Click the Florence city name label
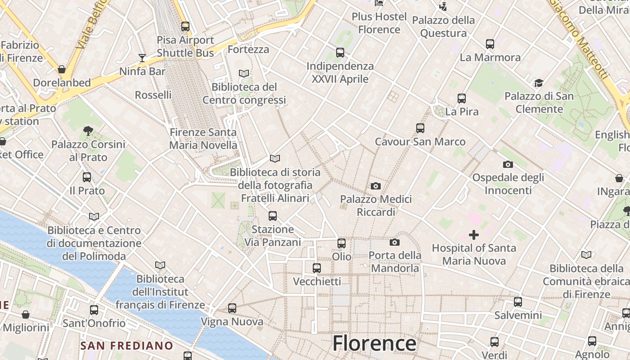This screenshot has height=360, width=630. tap(374, 343)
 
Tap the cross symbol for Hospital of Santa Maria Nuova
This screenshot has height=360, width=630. tap(473, 234)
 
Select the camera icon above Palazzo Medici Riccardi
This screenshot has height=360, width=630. tap(375, 186)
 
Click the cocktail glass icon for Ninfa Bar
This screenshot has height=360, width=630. tap(142, 58)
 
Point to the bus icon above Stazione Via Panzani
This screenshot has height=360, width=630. tap(272, 216)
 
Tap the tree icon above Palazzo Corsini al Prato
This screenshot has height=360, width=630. tap(88, 131)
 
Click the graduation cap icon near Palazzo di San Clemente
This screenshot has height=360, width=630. tap(539, 83)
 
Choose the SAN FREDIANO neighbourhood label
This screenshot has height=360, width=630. tap(126, 346)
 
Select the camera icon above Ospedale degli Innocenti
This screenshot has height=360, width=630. tap(508, 164)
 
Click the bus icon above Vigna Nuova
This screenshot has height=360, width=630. tap(232, 308)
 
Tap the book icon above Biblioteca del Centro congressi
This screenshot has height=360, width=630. tap(244, 73)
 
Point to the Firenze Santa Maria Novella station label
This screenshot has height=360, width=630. tap(203, 139)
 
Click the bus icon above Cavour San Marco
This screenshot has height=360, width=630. tap(420, 128)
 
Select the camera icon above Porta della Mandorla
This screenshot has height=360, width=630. tap(394, 243)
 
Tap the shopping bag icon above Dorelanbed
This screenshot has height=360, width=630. tap(62, 69)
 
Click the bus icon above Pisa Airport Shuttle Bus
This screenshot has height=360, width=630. tap(185, 27)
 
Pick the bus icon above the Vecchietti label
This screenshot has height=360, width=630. tap(316, 268)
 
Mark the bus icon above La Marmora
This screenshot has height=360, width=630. tap(490, 44)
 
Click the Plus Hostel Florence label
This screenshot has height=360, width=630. tap(379, 23)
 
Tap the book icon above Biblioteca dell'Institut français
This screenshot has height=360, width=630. tap(160, 265)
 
